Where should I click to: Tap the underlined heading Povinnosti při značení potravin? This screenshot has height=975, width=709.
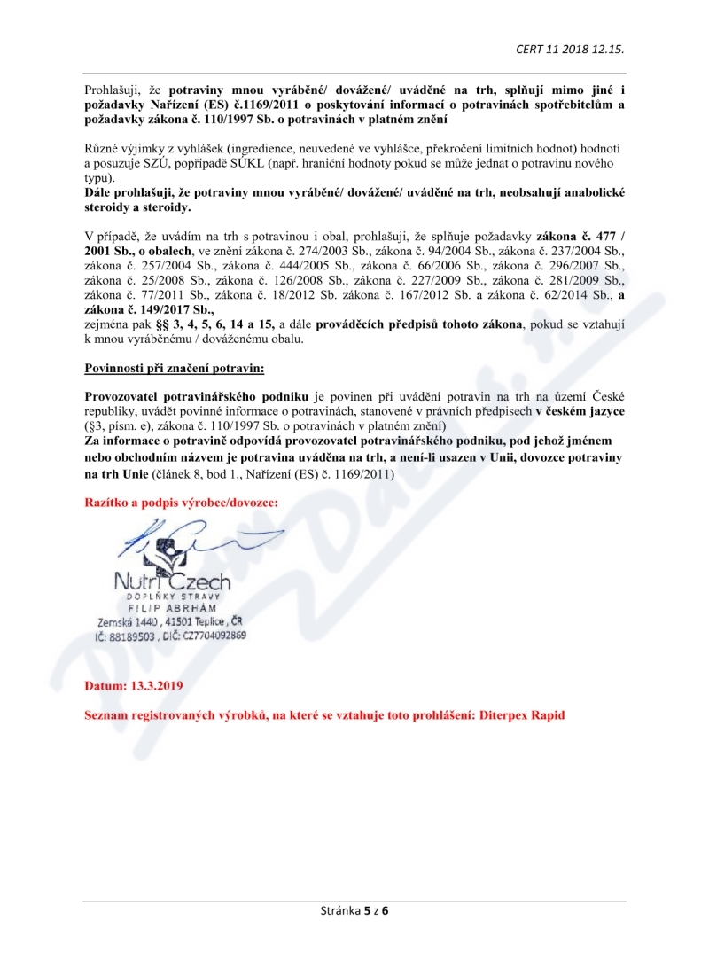174,367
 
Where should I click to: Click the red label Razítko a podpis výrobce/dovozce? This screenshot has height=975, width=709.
181,503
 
